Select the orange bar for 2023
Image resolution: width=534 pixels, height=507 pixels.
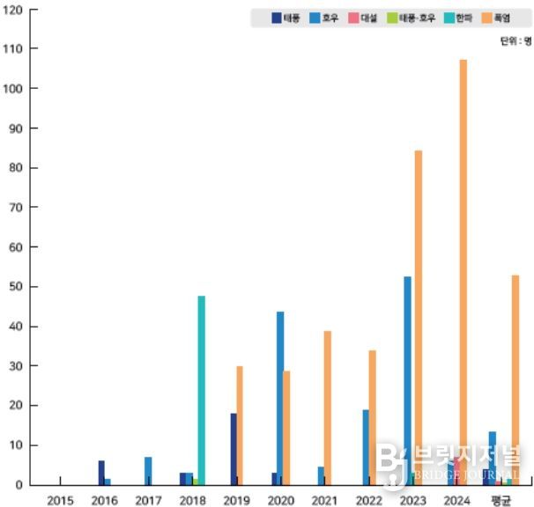pyautogui.click(x=419, y=317)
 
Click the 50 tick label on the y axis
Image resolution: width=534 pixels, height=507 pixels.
pyautogui.click(x=18, y=287)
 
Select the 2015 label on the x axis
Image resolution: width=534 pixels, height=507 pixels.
pyautogui.click(x=60, y=500)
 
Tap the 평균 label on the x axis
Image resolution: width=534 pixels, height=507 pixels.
pyautogui.click(x=501, y=500)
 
